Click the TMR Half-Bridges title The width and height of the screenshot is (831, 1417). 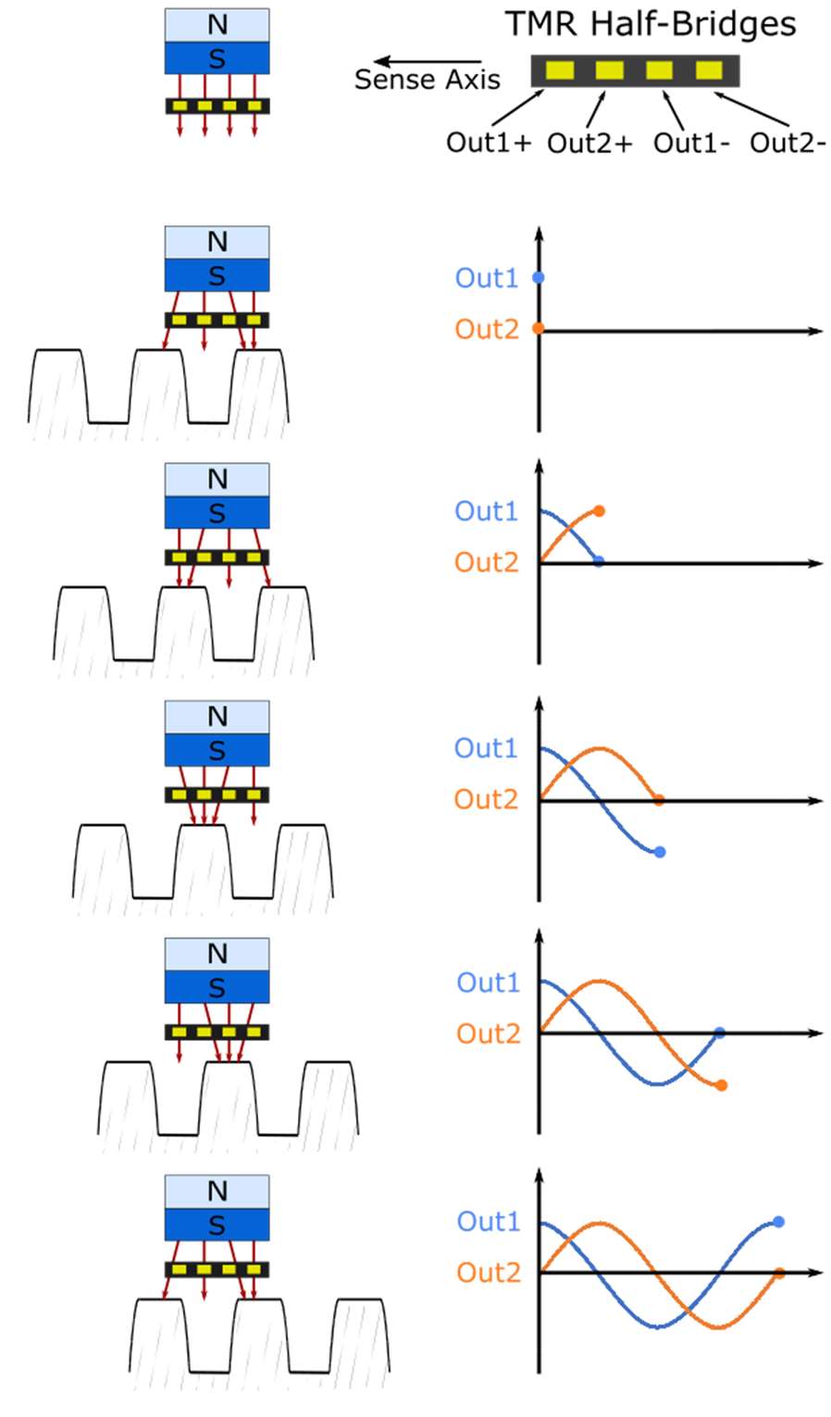[x=651, y=25]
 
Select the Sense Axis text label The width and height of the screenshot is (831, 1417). [x=427, y=80]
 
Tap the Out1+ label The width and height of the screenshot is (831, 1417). [x=488, y=143]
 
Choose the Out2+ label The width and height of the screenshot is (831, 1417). [x=589, y=144]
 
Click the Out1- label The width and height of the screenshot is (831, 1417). [x=691, y=143]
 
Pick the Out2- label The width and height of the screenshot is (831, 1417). [x=788, y=143]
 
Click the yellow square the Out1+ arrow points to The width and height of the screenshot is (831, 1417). [x=559, y=70]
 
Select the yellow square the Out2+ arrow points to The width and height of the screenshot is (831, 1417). [x=609, y=70]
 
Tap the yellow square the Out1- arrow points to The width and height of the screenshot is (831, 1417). [x=659, y=70]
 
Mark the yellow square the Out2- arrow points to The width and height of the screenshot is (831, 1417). [x=709, y=70]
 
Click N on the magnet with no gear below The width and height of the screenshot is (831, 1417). [x=217, y=25]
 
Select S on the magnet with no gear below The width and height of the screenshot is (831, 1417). [x=217, y=58]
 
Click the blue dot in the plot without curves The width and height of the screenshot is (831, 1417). [x=539, y=278]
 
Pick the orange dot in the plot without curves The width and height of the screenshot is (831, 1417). [x=539, y=329]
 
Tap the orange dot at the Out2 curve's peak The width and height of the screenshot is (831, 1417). [x=600, y=511]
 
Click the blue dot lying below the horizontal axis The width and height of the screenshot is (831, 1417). [x=660, y=852]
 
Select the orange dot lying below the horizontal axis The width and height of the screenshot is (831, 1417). [x=721, y=1085]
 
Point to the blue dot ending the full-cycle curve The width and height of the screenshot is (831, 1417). [x=778, y=1223]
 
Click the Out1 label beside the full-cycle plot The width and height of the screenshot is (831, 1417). [x=488, y=1222]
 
